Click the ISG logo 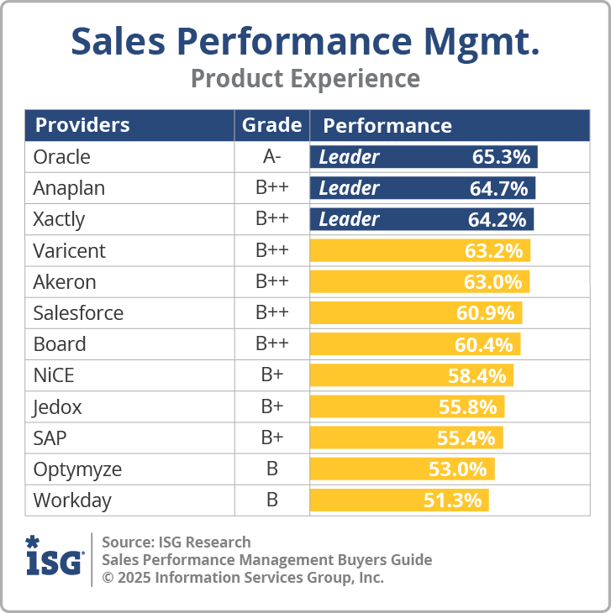[x=55, y=555]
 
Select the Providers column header [x=82, y=126]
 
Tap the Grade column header [x=271, y=126]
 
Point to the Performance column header [x=387, y=126]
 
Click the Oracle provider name [x=61, y=157]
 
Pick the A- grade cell [x=271, y=157]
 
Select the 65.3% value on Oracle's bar [x=501, y=157]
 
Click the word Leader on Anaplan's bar [x=349, y=188]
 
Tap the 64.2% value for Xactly [x=497, y=219]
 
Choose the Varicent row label [x=69, y=250]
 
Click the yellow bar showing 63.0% [x=419, y=281]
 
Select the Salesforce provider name [x=78, y=313]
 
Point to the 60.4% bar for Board [x=415, y=344]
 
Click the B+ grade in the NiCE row [x=271, y=375]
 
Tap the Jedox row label [x=57, y=406]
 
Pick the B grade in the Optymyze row [x=271, y=469]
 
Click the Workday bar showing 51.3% [x=399, y=500]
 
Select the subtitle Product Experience [x=305, y=78]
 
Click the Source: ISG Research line [x=176, y=542]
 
